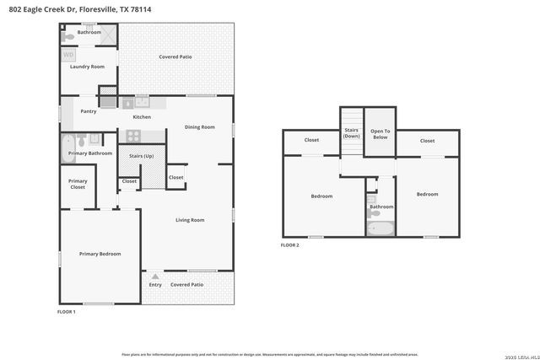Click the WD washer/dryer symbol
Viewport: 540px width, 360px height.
tap(68, 55)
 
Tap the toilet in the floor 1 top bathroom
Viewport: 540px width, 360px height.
tap(68, 37)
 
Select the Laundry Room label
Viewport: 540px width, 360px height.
tap(86, 66)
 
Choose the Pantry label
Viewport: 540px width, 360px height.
tap(88, 110)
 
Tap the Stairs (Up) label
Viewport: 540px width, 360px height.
tap(141, 157)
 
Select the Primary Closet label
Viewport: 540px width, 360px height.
tap(78, 184)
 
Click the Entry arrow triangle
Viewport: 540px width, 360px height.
tap(154, 276)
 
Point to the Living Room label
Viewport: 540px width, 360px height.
tap(190, 220)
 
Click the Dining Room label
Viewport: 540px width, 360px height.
tap(200, 126)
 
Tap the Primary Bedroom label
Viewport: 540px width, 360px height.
tap(100, 254)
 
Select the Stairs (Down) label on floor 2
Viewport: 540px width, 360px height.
tap(352, 133)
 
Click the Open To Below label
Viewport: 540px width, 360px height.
tap(381, 133)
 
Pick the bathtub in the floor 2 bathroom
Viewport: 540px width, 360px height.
tap(381, 228)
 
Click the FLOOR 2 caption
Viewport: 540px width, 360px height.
tap(290, 245)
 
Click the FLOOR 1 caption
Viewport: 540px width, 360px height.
tap(66, 312)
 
